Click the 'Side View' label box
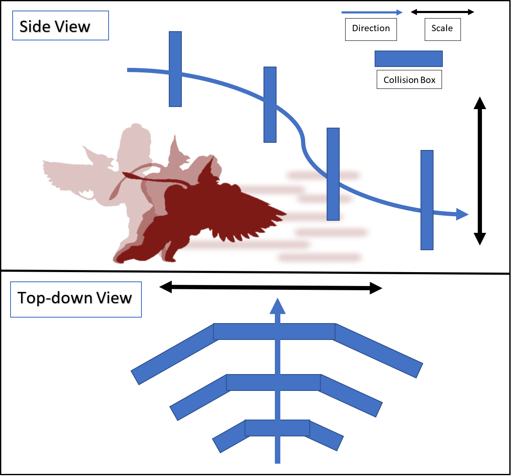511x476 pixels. [61, 26]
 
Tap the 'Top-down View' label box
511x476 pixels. [76, 300]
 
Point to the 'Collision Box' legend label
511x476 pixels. [409, 79]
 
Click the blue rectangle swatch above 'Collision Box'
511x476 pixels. [408, 59]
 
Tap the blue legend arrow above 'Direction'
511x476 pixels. [372, 12]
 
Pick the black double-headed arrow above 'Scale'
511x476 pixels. [442, 12]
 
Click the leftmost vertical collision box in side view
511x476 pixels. [175, 69]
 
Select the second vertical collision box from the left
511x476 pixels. [270, 104]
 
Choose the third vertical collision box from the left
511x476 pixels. [333, 174]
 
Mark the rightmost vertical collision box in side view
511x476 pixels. [427, 200]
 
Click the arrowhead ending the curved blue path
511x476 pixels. [462, 214]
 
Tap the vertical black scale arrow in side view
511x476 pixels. [480, 171]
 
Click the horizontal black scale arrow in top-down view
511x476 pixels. [271, 287]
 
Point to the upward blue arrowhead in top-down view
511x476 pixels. [277, 306]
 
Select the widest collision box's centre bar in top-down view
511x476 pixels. [274, 332]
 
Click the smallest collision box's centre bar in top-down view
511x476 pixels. [277, 428]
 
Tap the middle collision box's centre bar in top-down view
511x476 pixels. [273, 382]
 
